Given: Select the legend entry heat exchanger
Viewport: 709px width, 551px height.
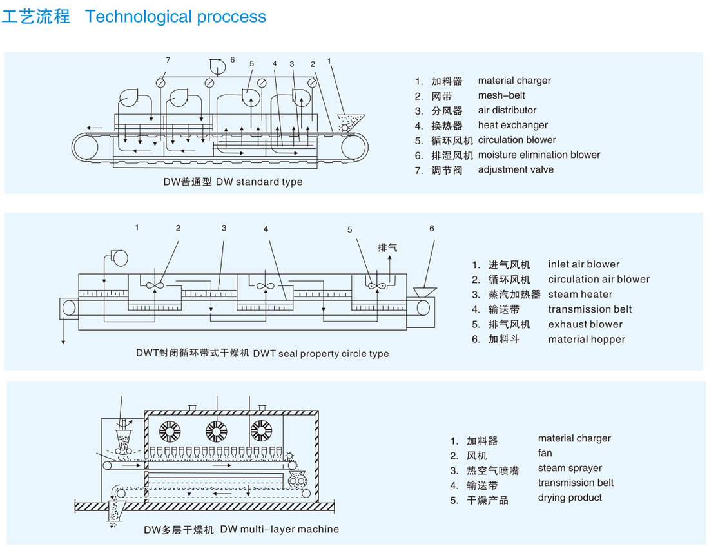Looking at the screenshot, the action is click(x=513, y=125).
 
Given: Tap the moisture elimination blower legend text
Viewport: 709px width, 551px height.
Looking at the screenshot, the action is click(x=539, y=155).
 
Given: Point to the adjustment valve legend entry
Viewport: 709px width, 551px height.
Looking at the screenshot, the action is click(x=516, y=169).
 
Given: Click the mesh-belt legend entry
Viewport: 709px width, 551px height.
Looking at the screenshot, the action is click(x=501, y=95).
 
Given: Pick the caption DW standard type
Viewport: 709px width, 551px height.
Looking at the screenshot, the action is click(x=259, y=182).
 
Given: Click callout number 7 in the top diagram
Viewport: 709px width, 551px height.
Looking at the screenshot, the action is click(x=168, y=60).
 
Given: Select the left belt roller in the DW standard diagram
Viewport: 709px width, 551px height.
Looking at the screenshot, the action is click(x=84, y=147).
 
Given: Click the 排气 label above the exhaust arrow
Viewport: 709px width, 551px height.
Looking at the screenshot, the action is click(x=387, y=247).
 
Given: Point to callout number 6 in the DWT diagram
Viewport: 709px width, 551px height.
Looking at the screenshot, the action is click(x=432, y=229).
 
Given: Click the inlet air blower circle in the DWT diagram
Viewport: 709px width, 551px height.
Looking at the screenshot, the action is click(x=119, y=258).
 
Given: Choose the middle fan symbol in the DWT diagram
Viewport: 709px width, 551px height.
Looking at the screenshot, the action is click(x=266, y=286).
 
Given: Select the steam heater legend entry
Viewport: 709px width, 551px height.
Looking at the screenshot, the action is click(x=580, y=295).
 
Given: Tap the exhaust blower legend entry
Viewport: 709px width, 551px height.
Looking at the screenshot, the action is click(x=585, y=324).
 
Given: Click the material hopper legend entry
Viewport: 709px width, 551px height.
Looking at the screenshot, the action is click(x=587, y=339).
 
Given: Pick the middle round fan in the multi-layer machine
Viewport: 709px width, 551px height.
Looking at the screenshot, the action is click(x=217, y=431).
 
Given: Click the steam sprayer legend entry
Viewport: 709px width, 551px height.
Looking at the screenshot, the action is click(x=570, y=468).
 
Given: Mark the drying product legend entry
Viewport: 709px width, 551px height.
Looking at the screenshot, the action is click(x=570, y=498).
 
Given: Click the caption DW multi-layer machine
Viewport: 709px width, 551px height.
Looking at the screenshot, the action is click(x=280, y=529).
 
